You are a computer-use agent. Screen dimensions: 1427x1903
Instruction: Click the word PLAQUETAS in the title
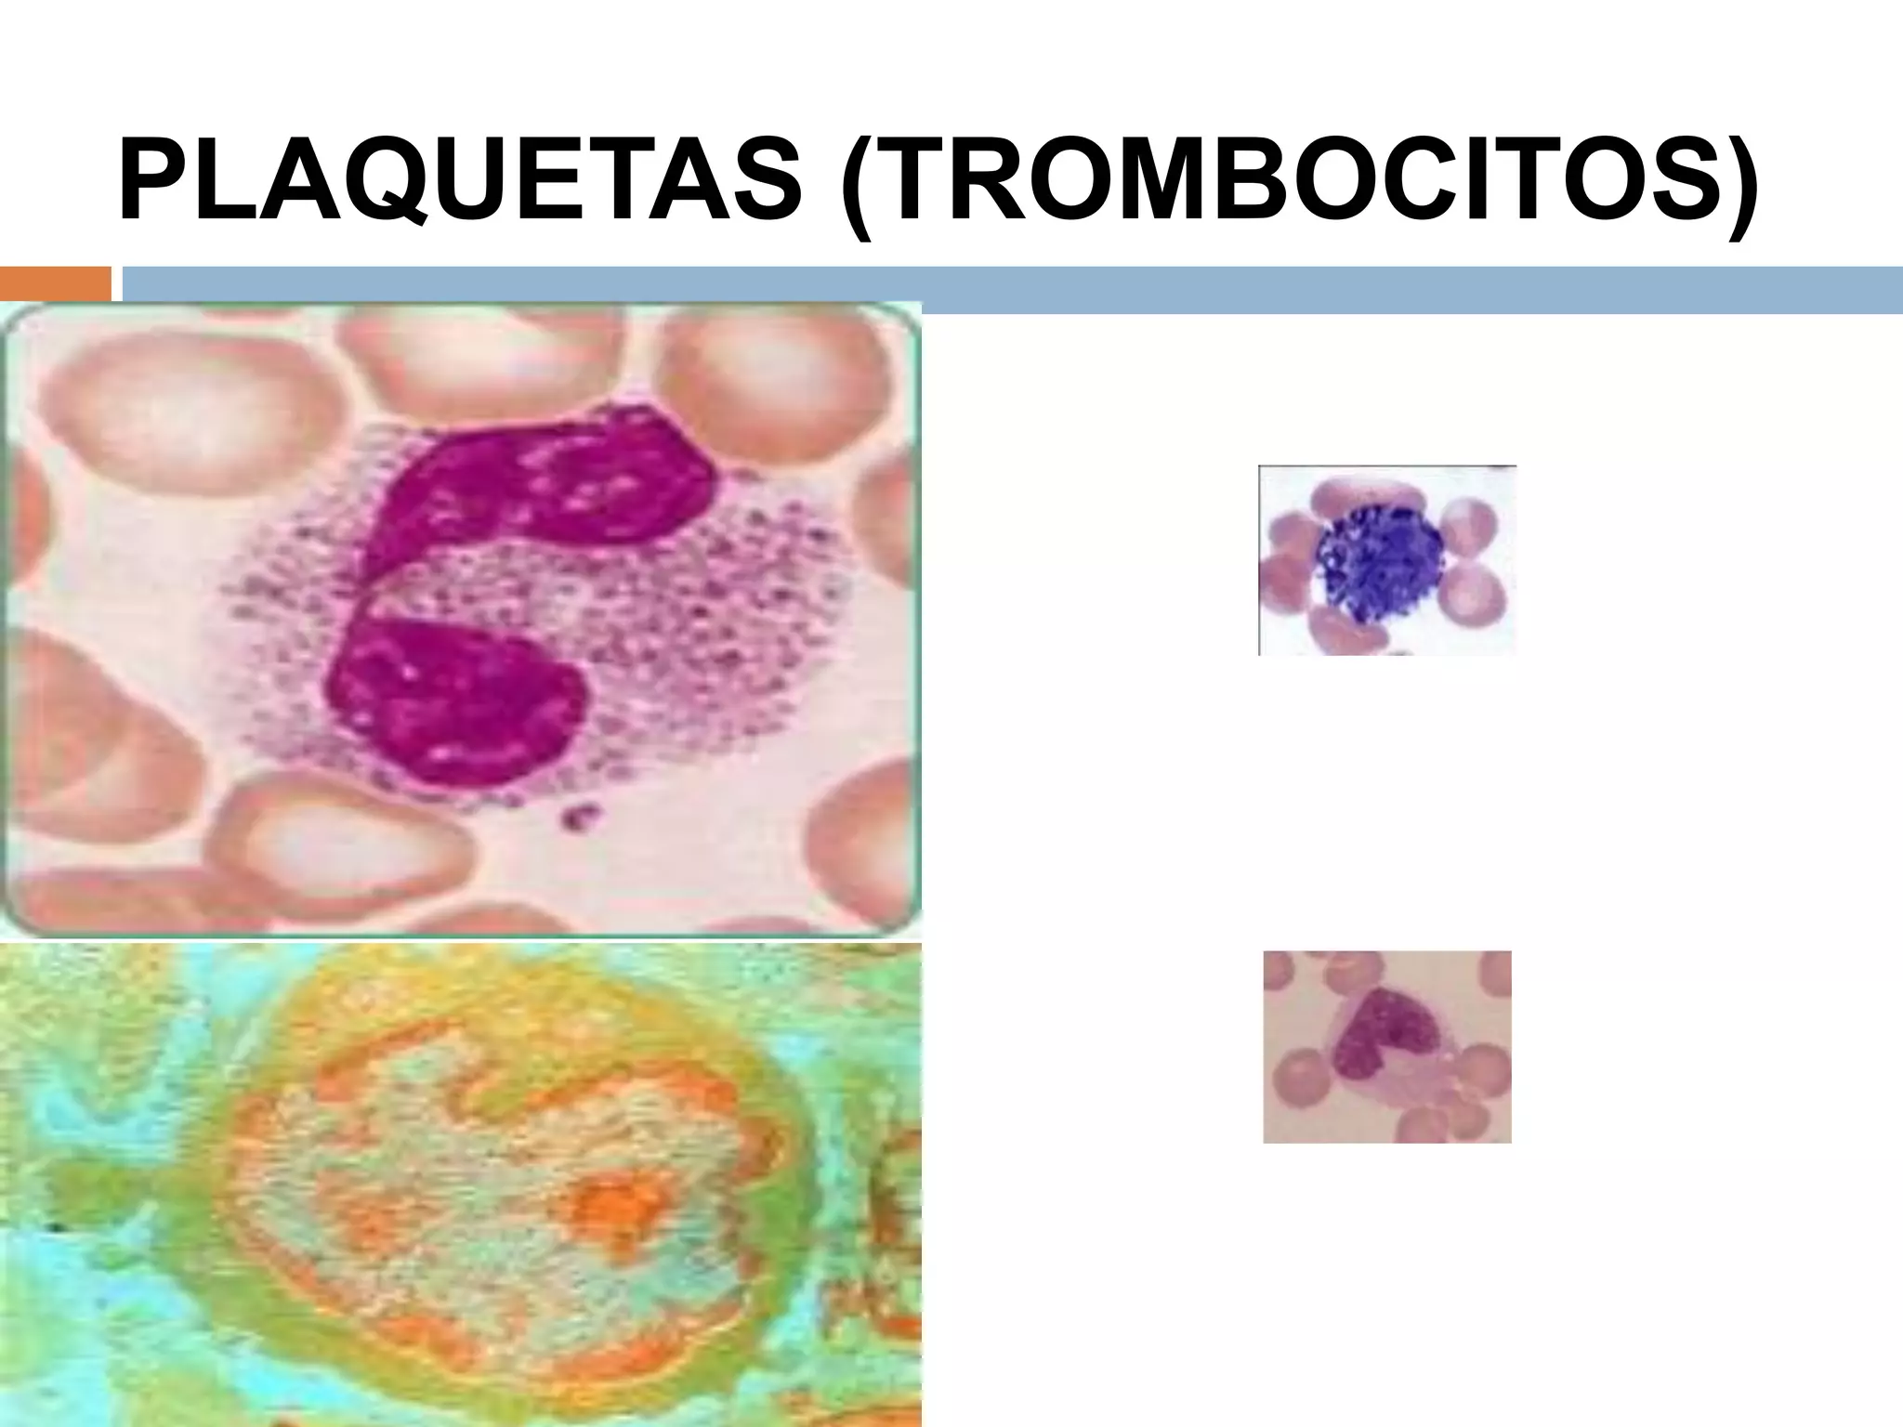[460, 181]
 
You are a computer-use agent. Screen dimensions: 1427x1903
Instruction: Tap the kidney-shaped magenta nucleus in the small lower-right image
[1381, 1036]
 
